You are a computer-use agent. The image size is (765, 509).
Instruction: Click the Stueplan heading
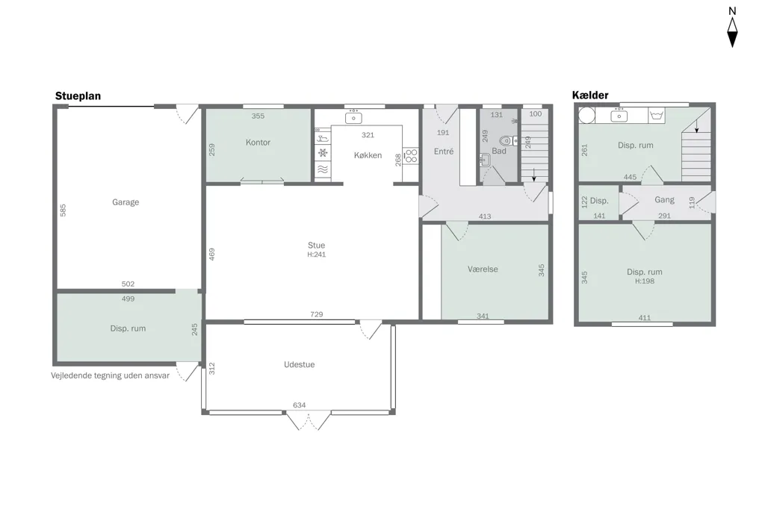click(78, 96)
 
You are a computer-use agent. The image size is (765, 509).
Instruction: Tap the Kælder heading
click(590, 95)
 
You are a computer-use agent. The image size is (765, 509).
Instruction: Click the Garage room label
click(126, 202)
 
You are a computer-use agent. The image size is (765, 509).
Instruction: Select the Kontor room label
click(258, 143)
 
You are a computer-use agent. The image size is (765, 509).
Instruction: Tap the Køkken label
click(368, 155)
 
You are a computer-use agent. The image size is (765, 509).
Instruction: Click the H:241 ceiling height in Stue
click(317, 254)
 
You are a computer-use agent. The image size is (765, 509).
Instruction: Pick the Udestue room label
click(299, 364)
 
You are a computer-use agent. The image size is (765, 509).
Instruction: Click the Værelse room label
click(483, 269)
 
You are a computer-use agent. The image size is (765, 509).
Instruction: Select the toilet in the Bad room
click(508, 141)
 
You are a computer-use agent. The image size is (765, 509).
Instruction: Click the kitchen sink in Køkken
click(353, 117)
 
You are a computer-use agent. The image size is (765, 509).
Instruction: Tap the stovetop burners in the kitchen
click(412, 155)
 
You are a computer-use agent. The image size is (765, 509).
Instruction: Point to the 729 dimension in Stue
click(317, 314)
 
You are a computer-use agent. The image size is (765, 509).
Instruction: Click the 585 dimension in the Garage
click(63, 210)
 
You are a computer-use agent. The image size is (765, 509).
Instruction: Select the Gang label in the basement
click(664, 199)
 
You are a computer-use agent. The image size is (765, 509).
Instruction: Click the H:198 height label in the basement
click(645, 281)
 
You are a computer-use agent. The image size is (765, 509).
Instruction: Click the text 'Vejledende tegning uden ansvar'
click(111, 375)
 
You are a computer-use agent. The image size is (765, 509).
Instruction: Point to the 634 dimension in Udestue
click(299, 405)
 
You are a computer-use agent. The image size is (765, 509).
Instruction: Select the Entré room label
click(444, 152)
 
